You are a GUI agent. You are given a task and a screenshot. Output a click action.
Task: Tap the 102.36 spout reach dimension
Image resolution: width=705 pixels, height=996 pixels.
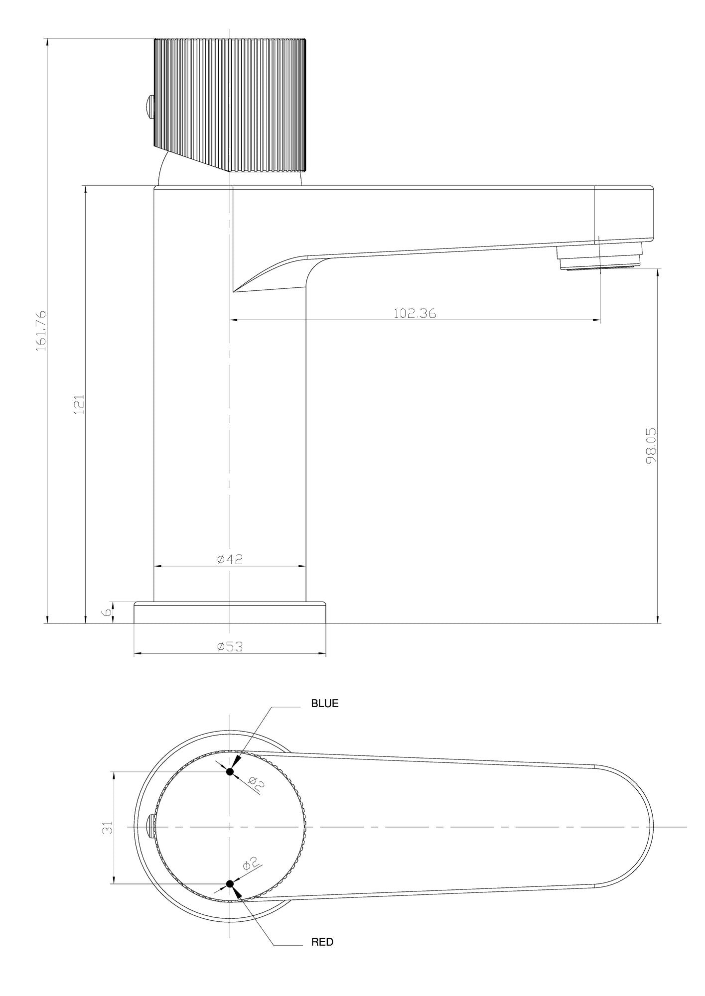pyautogui.click(x=415, y=313)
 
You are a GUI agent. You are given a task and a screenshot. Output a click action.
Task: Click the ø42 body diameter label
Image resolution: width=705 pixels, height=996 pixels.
pyautogui.click(x=230, y=559)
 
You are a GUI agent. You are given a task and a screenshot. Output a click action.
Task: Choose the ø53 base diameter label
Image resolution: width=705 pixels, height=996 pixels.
pyautogui.click(x=230, y=647)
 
